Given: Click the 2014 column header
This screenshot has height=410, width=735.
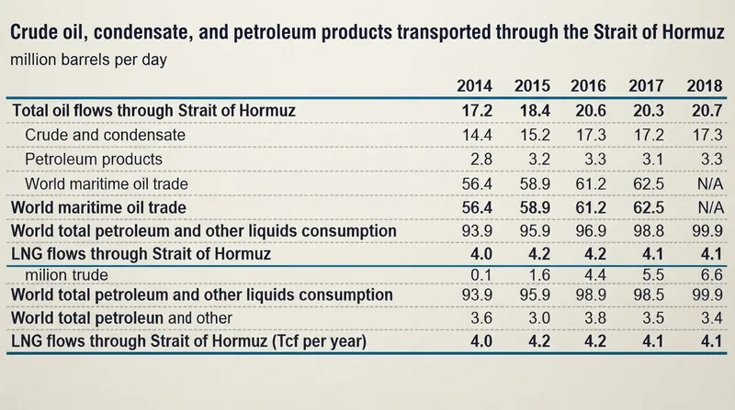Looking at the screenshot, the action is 474,85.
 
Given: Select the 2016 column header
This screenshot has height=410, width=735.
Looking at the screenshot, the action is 588,85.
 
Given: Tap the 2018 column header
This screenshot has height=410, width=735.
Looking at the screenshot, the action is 705,85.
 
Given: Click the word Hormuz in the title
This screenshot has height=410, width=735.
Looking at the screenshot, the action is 694,32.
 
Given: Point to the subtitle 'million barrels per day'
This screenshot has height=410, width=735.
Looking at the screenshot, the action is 88,60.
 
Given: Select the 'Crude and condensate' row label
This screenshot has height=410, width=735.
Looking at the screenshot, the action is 105,135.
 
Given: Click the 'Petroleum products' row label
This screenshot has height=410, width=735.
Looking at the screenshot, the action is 94,159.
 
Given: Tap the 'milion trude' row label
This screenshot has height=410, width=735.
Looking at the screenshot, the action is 66,275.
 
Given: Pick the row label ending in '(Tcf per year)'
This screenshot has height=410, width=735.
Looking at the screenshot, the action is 188,340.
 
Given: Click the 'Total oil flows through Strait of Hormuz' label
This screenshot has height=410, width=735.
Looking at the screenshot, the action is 153,110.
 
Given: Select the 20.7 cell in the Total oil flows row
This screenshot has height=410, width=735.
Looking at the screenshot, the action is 707,110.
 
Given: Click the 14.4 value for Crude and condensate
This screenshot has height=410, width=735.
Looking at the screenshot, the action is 477,135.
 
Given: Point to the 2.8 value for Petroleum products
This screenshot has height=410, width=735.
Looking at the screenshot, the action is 481,159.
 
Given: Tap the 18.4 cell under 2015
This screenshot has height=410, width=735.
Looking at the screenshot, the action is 535,110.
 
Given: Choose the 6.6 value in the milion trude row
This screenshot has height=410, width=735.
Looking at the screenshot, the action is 711,275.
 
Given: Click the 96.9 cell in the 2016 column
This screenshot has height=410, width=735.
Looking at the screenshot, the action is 591,231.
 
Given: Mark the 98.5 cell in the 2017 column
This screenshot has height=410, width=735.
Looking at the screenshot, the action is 649,294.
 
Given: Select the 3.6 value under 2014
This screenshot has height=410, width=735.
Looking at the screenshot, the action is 481,317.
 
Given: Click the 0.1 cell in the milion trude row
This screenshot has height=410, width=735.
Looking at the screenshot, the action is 481,275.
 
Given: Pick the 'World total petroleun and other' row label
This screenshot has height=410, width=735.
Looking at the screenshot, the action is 121,317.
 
